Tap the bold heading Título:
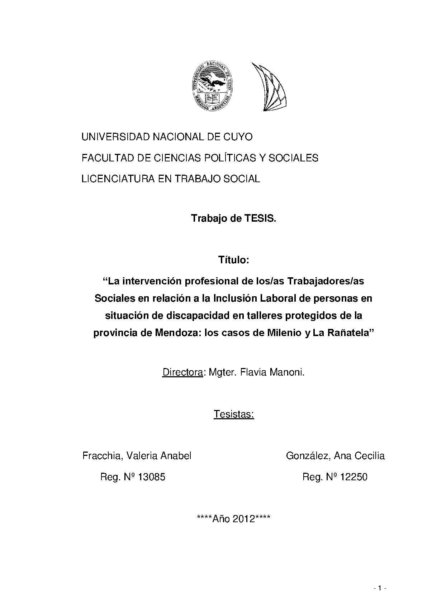point(234,260)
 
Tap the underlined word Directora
point(182,372)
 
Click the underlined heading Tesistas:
point(234,414)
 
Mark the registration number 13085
point(152,477)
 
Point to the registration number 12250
point(354,477)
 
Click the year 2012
point(244,519)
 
